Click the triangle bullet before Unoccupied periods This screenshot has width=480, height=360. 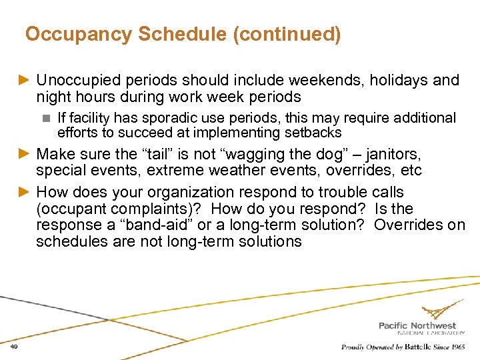point(25,81)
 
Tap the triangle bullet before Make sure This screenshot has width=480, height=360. point(25,155)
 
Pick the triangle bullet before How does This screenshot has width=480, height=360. point(25,192)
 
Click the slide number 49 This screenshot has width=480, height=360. point(15,347)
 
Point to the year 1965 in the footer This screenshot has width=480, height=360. point(457,347)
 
